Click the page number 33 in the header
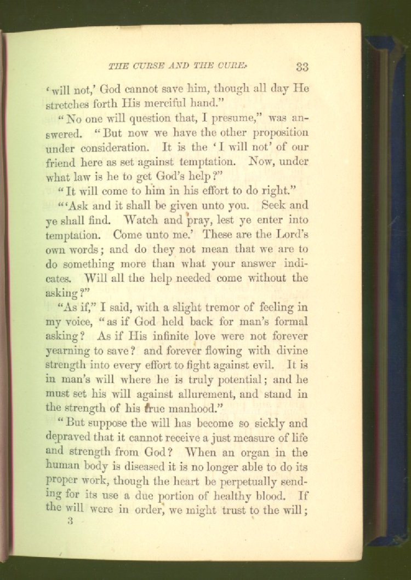click(x=302, y=67)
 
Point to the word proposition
click(x=281, y=133)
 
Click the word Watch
click(x=141, y=221)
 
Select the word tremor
click(x=215, y=307)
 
